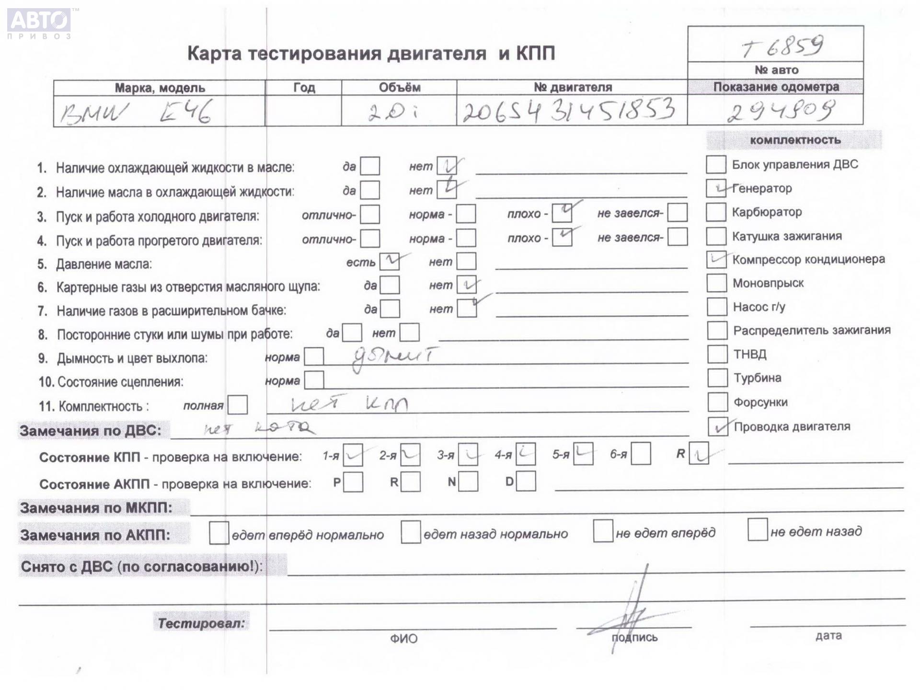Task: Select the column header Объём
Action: tap(399, 88)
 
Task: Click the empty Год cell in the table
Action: tap(303, 111)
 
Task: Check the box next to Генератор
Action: tap(716, 188)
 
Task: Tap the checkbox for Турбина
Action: tap(717, 378)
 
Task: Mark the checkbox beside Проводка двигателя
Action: tap(718, 426)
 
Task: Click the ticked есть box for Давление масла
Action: tap(390, 262)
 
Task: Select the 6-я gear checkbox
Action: tap(641, 454)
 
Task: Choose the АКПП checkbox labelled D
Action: tap(526, 482)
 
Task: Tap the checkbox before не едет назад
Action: tap(757, 530)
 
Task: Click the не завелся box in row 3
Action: tap(677, 213)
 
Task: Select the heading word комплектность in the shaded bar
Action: tap(795, 140)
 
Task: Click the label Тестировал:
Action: tap(201, 623)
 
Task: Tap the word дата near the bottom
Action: tap(828, 636)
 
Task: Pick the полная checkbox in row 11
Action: tap(238, 405)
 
